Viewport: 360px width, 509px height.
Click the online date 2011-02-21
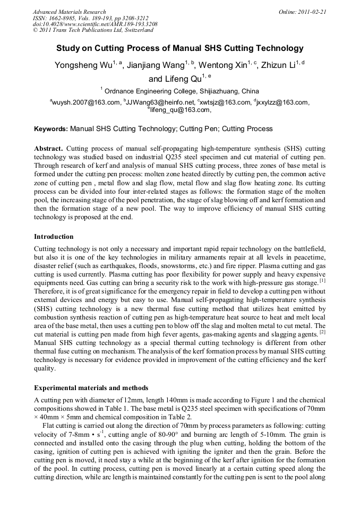click(x=310, y=12)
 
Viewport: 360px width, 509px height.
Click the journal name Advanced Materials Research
click(x=69, y=12)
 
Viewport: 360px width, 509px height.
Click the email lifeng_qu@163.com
click(x=181, y=110)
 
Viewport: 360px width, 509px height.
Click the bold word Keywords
click(x=50, y=129)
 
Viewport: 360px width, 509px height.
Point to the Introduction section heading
click(x=54, y=237)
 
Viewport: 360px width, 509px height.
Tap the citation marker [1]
click(x=322, y=281)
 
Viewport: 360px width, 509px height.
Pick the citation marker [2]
click(x=322, y=333)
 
